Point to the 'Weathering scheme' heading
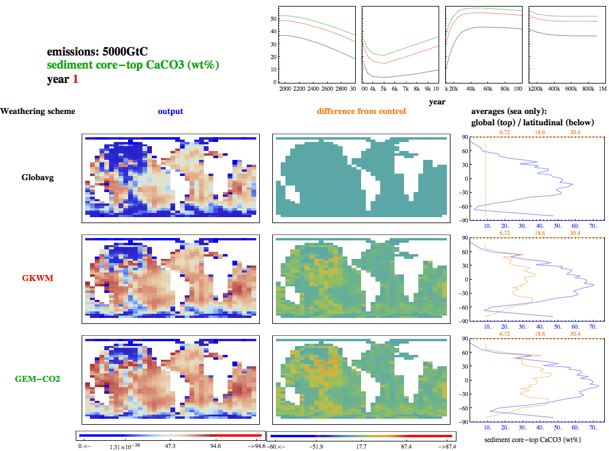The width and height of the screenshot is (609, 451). click(x=38, y=112)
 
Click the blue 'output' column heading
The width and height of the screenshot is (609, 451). click(x=170, y=112)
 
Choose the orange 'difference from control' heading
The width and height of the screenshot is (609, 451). click(x=361, y=112)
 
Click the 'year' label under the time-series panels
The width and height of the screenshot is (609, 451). click(x=437, y=102)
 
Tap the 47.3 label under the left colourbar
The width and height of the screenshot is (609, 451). click(x=170, y=446)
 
